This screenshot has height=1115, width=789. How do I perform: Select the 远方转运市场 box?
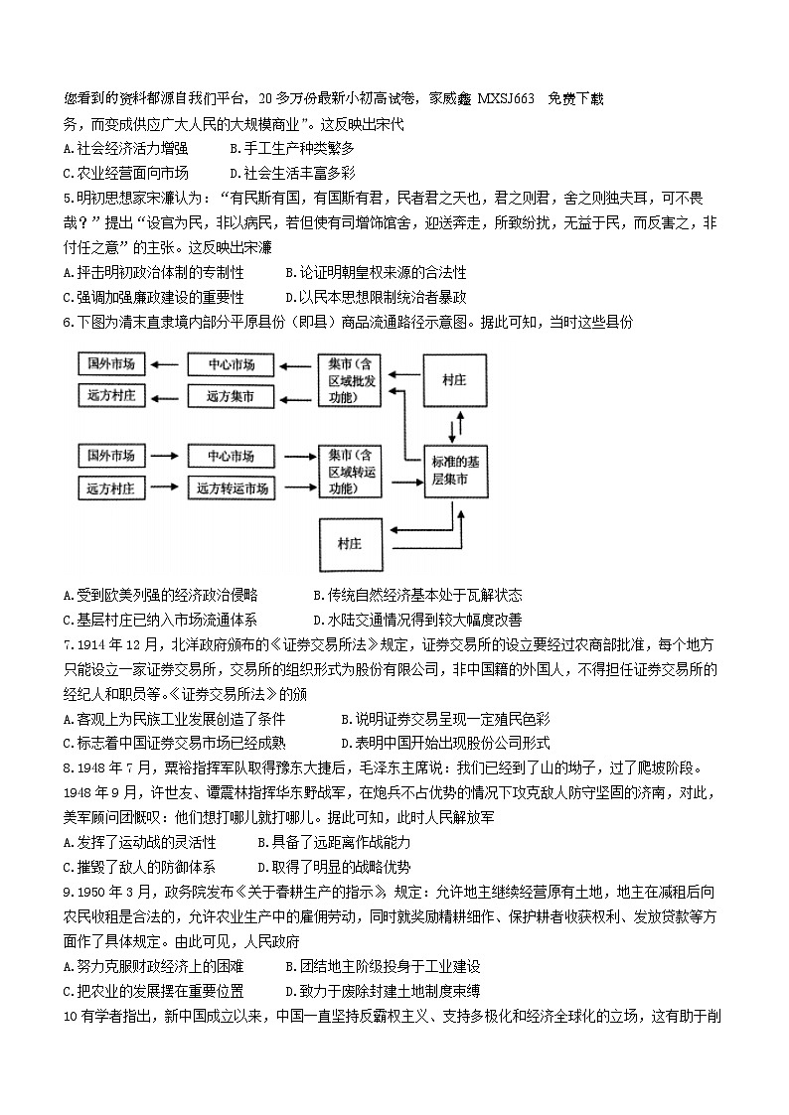[x=233, y=488]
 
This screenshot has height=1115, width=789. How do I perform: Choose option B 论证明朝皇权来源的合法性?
[x=375, y=272]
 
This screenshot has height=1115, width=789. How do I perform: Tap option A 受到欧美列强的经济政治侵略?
[x=159, y=595]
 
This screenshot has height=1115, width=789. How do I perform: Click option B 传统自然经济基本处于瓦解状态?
[x=416, y=595]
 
